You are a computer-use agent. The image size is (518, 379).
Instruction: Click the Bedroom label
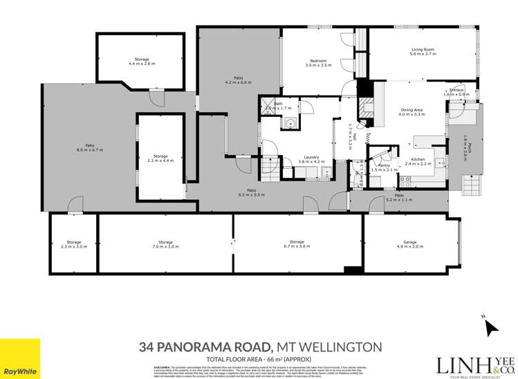point(318,61)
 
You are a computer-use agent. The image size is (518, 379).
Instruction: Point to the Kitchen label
point(422,159)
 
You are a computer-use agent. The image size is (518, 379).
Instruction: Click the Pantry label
point(382,165)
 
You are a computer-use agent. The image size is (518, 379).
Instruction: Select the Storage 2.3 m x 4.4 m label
point(160,156)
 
